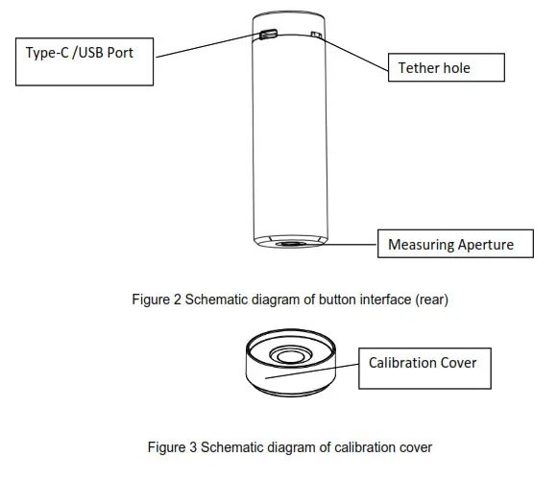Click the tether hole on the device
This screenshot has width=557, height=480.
pos(316,36)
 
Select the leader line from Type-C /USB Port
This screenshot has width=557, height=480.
pos(206,46)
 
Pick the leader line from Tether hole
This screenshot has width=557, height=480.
pos(355,52)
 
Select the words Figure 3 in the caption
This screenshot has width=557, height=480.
pos(169,447)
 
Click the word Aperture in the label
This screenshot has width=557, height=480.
pos(484,245)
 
